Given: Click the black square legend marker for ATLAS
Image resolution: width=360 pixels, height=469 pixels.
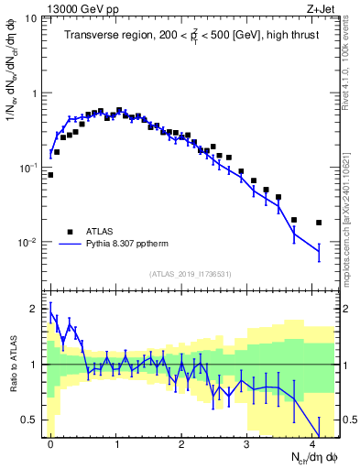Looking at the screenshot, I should point(70,231).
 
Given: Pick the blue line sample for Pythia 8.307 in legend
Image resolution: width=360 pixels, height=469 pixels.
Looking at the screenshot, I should point(70,245).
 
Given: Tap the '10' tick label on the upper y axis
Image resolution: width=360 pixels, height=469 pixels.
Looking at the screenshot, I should point(30,18).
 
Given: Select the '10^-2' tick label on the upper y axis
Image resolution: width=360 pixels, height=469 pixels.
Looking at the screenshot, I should point(27,243).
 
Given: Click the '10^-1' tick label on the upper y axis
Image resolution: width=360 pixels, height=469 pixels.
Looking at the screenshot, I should point(27,169).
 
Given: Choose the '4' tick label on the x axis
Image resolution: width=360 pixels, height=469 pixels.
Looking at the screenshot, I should point(312,442).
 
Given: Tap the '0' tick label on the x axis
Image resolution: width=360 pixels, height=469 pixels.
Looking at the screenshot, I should point(50,442).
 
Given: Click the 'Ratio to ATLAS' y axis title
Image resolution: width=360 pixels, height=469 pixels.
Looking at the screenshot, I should point(12,365).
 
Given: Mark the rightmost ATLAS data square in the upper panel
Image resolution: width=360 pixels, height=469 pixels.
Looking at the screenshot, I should point(319,223).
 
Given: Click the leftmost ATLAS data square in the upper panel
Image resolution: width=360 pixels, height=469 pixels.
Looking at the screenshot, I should point(50,174).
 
